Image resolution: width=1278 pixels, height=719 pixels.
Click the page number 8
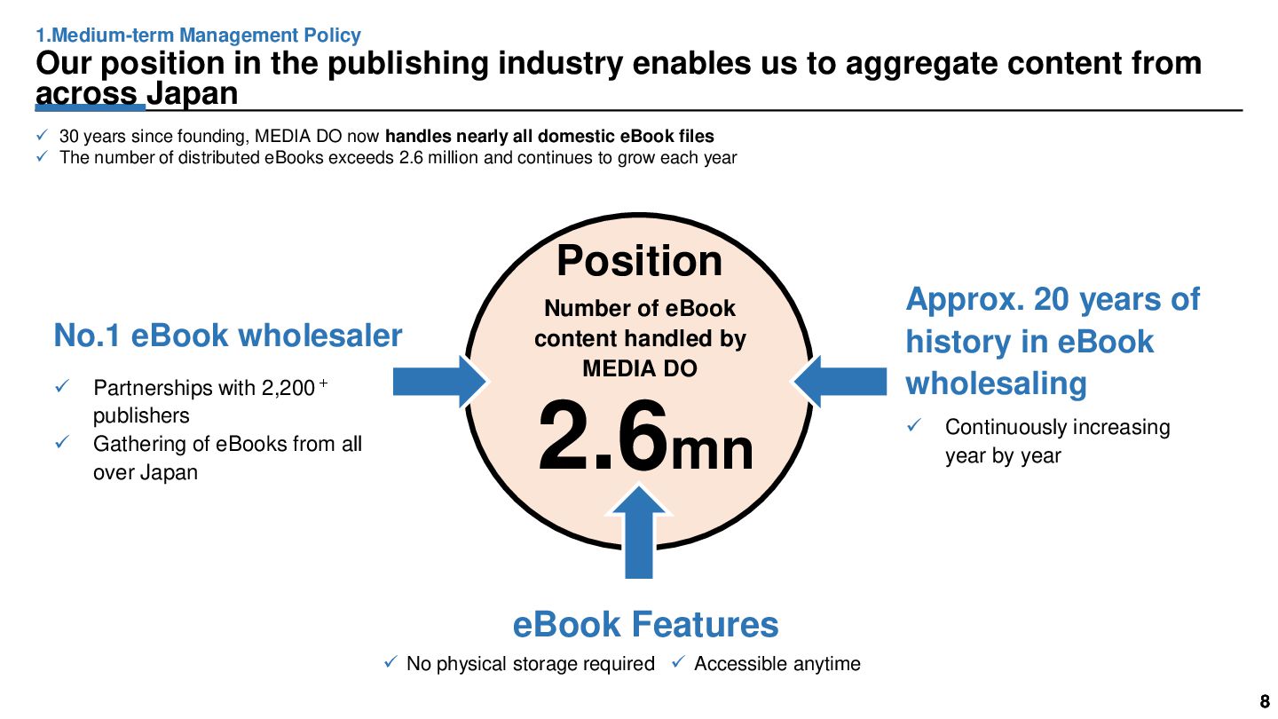[1265, 699]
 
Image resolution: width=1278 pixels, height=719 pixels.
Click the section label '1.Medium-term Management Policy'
[198, 36]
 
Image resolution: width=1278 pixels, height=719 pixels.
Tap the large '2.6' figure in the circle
[603, 436]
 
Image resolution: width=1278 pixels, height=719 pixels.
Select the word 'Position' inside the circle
[639, 261]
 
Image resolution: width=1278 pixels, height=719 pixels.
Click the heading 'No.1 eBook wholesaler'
[228, 336]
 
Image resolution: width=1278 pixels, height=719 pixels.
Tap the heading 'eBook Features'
[645, 624]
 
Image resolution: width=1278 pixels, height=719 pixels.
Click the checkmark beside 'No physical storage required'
[390, 662]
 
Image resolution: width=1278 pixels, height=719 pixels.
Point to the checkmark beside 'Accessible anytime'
[678, 662]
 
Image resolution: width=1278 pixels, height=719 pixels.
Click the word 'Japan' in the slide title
[193, 92]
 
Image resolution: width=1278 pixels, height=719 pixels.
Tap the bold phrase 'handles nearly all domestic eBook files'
[549, 137]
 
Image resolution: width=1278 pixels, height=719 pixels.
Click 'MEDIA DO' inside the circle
[639, 368]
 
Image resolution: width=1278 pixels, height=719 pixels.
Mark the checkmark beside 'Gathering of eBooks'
[63, 442]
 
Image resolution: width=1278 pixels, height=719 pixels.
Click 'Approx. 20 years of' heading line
[1053, 299]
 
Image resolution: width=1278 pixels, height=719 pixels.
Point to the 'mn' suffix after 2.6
[712, 450]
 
